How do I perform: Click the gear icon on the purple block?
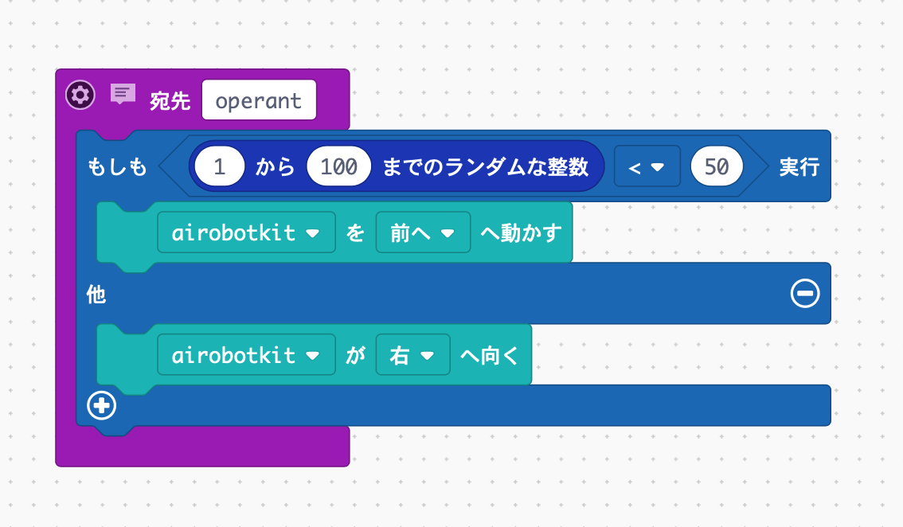(x=80, y=96)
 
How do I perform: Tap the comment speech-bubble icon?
(x=122, y=95)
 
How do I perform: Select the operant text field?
(x=259, y=100)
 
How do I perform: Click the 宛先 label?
(x=170, y=101)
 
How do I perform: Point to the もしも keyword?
(x=117, y=167)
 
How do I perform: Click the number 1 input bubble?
(x=219, y=167)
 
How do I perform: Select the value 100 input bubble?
(x=338, y=167)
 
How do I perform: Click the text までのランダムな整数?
(x=486, y=167)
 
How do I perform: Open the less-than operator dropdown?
(x=647, y=167)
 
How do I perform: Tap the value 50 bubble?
(x=717, y=167)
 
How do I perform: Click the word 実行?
(x=799, y=167)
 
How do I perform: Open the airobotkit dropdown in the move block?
(x=246, y=232)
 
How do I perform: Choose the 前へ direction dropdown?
(x=423, y=232)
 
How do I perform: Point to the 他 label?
(x=96, y=295)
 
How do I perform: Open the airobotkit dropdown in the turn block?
(x=246, y=355)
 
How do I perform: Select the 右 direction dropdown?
(x=412, y=355)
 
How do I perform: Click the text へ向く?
(x=490, y=355)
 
